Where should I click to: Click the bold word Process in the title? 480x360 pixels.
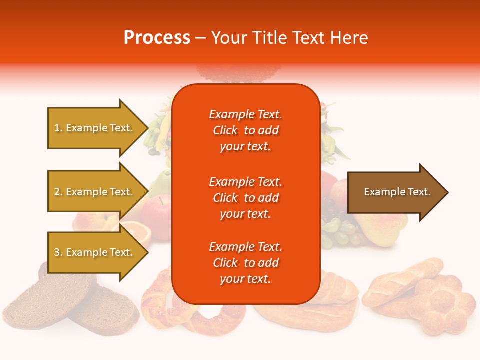pos(157,38)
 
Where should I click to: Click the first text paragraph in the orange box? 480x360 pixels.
pos(245,130)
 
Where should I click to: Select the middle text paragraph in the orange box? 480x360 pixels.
pos(245,198)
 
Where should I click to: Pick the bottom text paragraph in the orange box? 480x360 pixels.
pos(245,263)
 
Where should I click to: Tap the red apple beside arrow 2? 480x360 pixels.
pos(157,210)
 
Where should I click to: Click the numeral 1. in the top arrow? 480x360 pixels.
pos(58,128)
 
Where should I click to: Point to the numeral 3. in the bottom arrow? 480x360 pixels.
pos(58,252)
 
